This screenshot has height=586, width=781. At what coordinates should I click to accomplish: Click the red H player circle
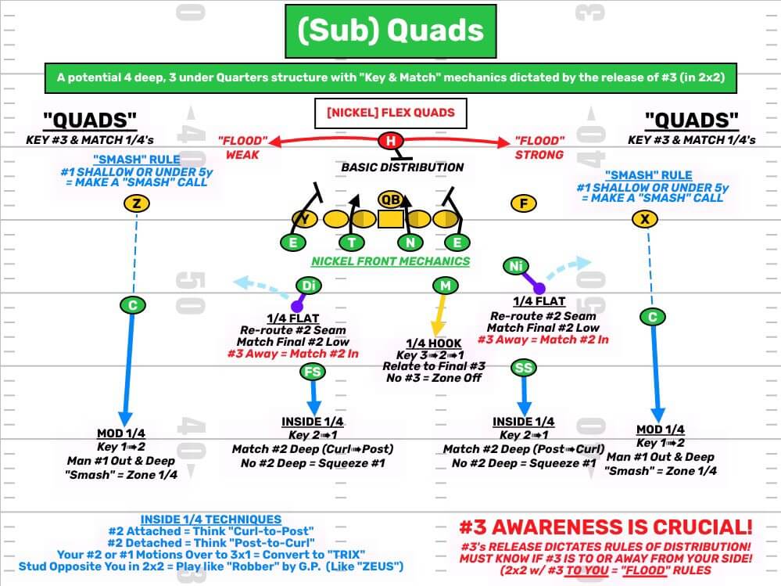point(389,141)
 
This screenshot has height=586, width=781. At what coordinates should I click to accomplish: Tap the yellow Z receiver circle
point(137,204)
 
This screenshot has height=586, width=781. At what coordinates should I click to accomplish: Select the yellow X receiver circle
point(643,220)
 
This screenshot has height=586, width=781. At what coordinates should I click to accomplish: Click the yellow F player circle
point(524,204)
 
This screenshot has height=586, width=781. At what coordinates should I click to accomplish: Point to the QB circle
point(390,200)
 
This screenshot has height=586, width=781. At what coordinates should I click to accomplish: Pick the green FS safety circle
point(312,372)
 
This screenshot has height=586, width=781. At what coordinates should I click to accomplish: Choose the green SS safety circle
point(523,367)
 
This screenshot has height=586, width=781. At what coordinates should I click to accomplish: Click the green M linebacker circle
point(445,286)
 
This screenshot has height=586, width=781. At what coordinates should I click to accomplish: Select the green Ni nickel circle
point(515,267)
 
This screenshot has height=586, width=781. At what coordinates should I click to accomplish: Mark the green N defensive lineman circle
point(410,243)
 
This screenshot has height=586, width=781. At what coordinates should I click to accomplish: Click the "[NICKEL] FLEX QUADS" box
point(390,113)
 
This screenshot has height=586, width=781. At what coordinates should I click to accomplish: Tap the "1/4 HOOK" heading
point(434,343)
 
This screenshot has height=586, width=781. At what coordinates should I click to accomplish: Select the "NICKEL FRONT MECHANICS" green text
point(390,261)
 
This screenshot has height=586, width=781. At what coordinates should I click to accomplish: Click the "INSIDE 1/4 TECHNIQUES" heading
point(211,519)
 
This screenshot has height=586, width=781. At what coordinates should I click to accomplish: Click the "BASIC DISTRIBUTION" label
point(402,167)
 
